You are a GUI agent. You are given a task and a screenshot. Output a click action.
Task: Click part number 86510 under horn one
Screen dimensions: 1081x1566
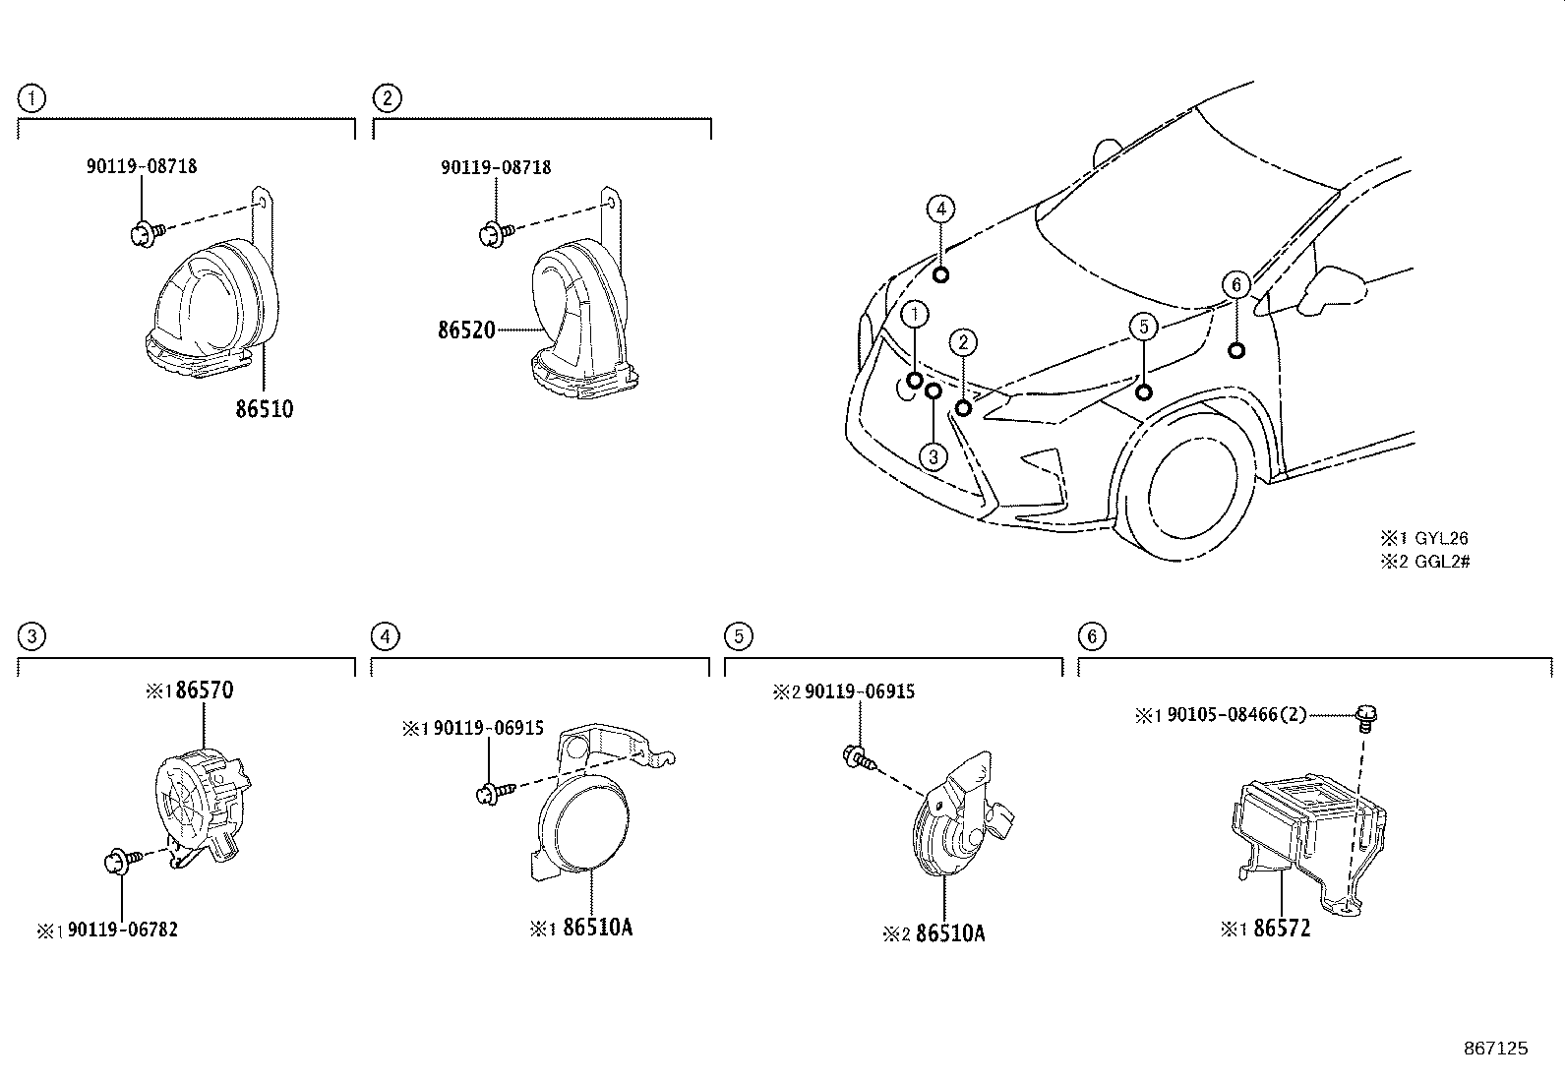tap(264, 408)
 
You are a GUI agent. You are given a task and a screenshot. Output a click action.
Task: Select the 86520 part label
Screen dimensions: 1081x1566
tap(466, 330)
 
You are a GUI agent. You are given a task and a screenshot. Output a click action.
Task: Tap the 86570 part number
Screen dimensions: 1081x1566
tap(204, 691)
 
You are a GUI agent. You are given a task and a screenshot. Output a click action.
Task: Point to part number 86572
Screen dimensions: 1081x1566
tap(1281, 928)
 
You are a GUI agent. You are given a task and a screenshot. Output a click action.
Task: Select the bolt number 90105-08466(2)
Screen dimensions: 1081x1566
tap(1236, 715)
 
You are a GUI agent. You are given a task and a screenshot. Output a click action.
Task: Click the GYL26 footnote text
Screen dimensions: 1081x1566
tap(1440, 538)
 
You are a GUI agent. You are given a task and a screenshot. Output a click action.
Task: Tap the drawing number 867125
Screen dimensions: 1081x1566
tap(1495, 1049)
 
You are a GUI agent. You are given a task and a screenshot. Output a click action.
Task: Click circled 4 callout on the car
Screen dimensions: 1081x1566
tap(940, 209)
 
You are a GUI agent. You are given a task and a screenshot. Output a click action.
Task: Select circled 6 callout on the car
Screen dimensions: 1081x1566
tap(1235, 285)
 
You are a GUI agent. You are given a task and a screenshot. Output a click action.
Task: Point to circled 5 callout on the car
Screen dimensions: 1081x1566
tap(1143, 326)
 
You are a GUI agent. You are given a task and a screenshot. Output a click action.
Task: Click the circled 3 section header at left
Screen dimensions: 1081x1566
tap(31, 636)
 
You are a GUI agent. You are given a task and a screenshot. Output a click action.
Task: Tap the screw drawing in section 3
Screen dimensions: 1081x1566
tap(121, 862)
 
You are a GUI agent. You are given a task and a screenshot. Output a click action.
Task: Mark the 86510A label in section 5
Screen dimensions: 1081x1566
tap(949, 932)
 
